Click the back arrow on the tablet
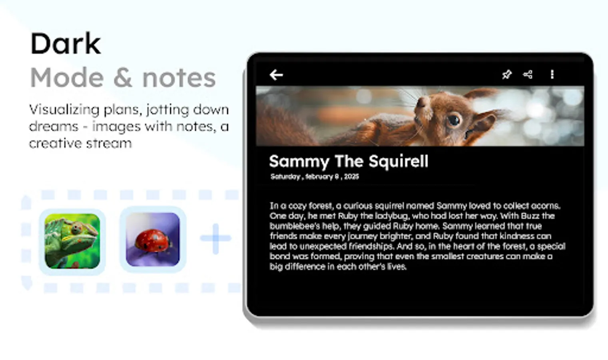coord(276,75)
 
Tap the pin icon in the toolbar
coord(506,74)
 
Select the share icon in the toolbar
coord(528,74)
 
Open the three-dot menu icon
coord(552,74)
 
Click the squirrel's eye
coord(454,119)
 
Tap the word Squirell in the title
coord(398,162)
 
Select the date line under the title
coord(315,177)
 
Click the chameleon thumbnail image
coord(72,241)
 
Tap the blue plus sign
coord(216,238)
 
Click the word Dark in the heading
coord(66,44)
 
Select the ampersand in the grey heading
coord(123,78)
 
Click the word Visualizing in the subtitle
coord(64,110)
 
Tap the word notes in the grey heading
coord(179,78)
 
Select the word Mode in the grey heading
coord(67,78)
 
